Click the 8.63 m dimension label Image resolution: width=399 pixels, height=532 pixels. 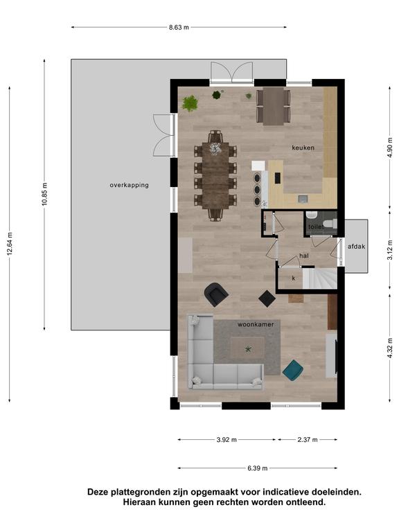point(179,28)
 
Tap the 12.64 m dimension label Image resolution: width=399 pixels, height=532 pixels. point(10,244)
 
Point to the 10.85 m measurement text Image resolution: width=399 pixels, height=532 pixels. point(45,194)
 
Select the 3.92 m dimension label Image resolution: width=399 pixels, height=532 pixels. point(227,440)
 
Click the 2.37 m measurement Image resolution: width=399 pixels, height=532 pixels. point(308,440)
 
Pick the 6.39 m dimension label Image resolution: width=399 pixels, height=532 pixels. point(257,468)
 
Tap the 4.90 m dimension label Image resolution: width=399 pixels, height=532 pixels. point(390,145)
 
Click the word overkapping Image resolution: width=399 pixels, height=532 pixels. point(130,185)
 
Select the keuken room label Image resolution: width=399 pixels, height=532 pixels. point(303,148)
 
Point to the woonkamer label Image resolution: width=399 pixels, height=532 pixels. point(256,324)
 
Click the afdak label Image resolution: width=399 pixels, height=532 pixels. point(356,247)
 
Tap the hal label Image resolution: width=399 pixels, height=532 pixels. point(304,256)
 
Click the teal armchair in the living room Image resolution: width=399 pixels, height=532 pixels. point(293,370)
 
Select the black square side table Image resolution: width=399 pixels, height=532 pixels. point(267,299)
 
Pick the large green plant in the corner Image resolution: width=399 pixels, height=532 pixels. point(190,103)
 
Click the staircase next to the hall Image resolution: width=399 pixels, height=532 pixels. point(319,278)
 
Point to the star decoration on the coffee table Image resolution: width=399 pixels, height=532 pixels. point(249,348)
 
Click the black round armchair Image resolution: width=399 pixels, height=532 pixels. point(216,294)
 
